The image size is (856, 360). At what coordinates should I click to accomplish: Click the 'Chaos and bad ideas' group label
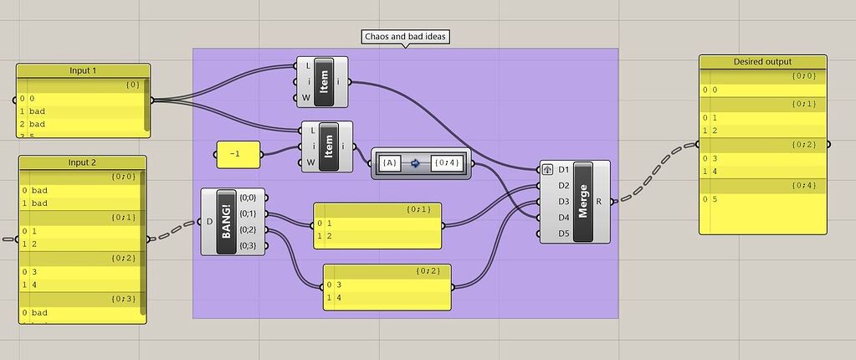pyautogui.click(x=405, y=37)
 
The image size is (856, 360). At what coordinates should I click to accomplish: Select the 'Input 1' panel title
pyautogui.click(x=83, y=70)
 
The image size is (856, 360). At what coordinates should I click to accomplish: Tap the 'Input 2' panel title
pyautogui.click(x=83, y=162)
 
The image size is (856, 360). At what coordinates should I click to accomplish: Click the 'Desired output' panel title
pyautogui.click(x=762, y=62)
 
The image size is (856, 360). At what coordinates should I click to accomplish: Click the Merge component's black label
pyautogui.click(x=583, y=201)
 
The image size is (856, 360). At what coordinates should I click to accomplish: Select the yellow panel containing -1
pyautogui.click(x=237, y=154)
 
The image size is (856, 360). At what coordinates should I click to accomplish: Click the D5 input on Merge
pyautogui.click(x=563, y=234)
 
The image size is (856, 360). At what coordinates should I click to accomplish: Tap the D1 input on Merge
pyautogui.click(x=563, y=170)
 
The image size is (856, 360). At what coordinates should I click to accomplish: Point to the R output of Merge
pyautogui.click(x=600, y=202)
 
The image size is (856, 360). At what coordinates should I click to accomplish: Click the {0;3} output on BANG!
pyautogui.click(x=249, y=245)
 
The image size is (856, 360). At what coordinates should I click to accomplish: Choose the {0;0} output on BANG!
pyautogui.click(x=249, y=198)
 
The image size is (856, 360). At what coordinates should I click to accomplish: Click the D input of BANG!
pyautogui.click(x=209, y=222)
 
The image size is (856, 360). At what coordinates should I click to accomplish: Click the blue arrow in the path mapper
pyautogui.click(x=415, y=162)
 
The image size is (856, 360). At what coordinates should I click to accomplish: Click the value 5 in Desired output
pyautogui.click(x=715, y=198)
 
